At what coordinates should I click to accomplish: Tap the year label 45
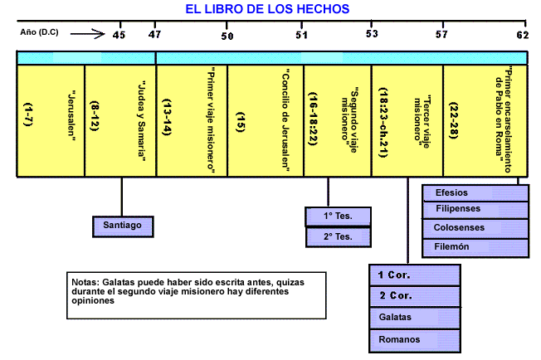coord(119,35)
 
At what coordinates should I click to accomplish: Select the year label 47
coord(154,35)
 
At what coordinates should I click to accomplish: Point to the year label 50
coord(227,35)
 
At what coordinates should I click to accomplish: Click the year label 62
coord(521,35)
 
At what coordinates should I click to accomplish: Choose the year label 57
coord(441,35)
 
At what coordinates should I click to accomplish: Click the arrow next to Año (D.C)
coord(86,35)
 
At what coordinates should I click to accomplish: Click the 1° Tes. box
coord(339,217)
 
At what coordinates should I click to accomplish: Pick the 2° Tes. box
coord(339,237)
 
